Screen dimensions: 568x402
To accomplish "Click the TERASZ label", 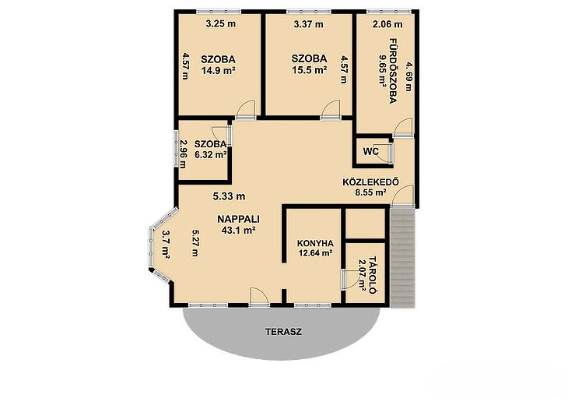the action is [x=283, y=332].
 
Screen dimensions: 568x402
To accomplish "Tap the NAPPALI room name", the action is [x=238, y=219].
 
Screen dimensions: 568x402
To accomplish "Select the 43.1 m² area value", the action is [x=239, y=230].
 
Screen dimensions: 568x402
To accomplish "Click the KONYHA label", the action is [x=315, y=243].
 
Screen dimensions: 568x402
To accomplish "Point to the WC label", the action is [x=371, y=151].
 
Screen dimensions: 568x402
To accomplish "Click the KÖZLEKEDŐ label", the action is [x=370, y=182].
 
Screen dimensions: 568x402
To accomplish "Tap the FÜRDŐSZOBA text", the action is [x=393, y=71].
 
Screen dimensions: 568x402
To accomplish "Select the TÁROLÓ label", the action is [x=373, y=275].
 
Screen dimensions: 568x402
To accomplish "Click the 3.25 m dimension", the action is [x=221, y=24].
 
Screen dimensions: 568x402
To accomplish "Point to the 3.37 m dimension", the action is [x=308, y=24].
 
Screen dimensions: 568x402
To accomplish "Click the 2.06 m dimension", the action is [x=387, y=24].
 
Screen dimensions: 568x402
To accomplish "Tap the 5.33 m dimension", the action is [x=229, y=196].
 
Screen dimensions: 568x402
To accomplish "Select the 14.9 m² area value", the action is [x=219, y=70].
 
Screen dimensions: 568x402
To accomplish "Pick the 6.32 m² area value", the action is [x=211, y=154].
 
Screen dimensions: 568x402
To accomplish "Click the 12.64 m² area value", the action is [x=316, y=253].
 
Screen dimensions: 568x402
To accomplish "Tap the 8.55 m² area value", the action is [x=370, y=192].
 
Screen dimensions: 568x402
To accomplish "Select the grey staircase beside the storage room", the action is [x=402, y=257].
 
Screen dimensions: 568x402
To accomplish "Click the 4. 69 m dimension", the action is [x=408, y=77].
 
